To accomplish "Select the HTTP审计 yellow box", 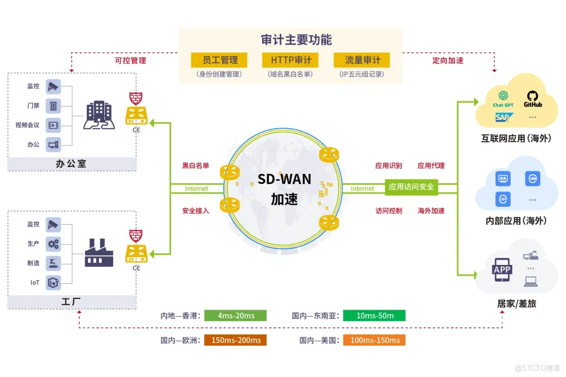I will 290,60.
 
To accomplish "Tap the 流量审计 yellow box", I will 362,60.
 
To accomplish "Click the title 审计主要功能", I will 296,40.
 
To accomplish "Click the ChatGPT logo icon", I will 503,95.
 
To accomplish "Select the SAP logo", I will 504,117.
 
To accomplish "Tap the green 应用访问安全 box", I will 411,187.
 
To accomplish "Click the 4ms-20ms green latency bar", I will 236,316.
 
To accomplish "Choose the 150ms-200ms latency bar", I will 236,340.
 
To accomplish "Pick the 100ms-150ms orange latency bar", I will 374,340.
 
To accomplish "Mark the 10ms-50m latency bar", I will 374,316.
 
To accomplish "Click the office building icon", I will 99,115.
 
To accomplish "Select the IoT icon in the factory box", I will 53,283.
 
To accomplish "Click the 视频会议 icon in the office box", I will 53,125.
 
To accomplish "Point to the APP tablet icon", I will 502,270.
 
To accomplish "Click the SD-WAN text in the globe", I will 285,180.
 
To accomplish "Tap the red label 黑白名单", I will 195,166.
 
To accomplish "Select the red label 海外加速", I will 431,211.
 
